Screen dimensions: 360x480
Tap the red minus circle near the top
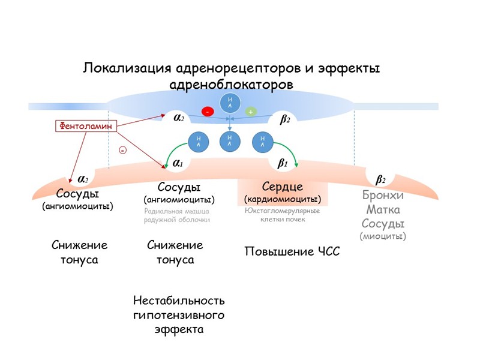[208, 112]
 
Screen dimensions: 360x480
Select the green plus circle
[250, 112]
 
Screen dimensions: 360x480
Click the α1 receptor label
[178, 162]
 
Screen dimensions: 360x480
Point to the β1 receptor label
[283, 162]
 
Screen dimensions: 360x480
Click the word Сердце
[282, 187]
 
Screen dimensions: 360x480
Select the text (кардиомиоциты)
[282, 199]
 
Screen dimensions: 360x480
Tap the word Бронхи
[383, 196]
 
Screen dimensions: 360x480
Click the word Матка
[383, 211]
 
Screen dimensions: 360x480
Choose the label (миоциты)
[383, 236]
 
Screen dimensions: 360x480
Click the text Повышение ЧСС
[292, 251]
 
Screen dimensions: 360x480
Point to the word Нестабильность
[179, 300]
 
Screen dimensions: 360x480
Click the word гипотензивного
[179, 315]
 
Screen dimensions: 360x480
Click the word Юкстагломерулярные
[282, 211]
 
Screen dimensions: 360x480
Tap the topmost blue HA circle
[230, 103]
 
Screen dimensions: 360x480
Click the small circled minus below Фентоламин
[123, 151]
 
